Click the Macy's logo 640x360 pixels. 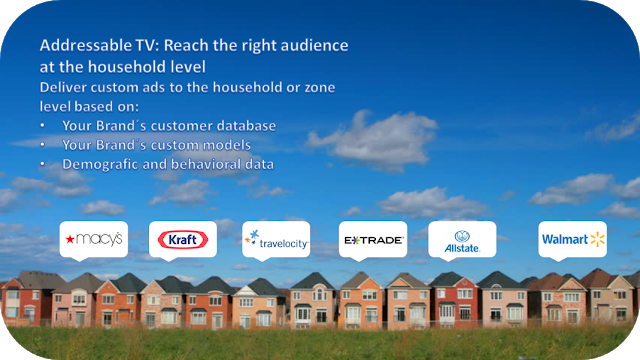tap(93, 239)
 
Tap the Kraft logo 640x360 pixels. tap(182, 240)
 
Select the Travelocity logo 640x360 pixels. tap(276, 240)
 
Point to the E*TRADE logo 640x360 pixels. tap(373, 240)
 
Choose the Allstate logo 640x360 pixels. tap(462, 241)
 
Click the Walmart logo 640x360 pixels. tap(573, 240)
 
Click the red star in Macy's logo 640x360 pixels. tap(70, 239)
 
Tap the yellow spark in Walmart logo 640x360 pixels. tap(598, 240)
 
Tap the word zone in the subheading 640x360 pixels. tap(320, 88)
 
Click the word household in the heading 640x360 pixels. tap(147, 67)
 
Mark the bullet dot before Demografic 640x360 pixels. tap(42, 164)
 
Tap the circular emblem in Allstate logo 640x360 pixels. tap(462, 236)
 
